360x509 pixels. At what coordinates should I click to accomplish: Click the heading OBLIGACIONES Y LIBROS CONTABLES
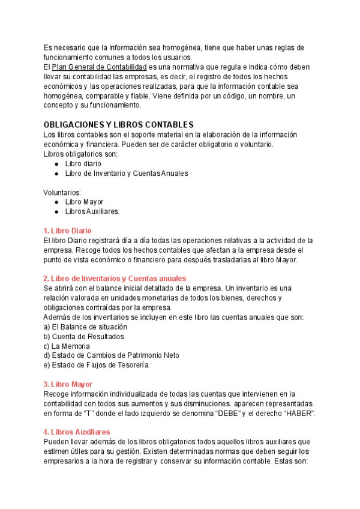pos(118,124)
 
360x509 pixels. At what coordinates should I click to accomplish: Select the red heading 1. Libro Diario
pos(67,230)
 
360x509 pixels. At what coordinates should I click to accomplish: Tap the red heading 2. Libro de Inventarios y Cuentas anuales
pos(115,279)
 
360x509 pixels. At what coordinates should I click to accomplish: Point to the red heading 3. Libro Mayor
pos(67,384)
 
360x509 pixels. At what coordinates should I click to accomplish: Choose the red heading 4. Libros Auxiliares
pos(77,432)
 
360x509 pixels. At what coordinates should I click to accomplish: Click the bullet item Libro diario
pos(83,163)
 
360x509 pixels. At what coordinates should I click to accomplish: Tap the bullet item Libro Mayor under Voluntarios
pos(84,202)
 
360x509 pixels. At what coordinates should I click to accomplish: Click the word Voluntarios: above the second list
pos(62,192)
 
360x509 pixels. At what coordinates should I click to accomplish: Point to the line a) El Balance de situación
pos(85,327)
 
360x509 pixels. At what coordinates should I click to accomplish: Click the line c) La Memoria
pos(67,346)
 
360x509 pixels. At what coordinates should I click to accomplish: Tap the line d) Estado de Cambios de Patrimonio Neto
pos(111,355)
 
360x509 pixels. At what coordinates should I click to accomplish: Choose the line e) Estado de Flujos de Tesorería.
pos(97,365)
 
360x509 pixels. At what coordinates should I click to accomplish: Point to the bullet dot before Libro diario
pos(56,163)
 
